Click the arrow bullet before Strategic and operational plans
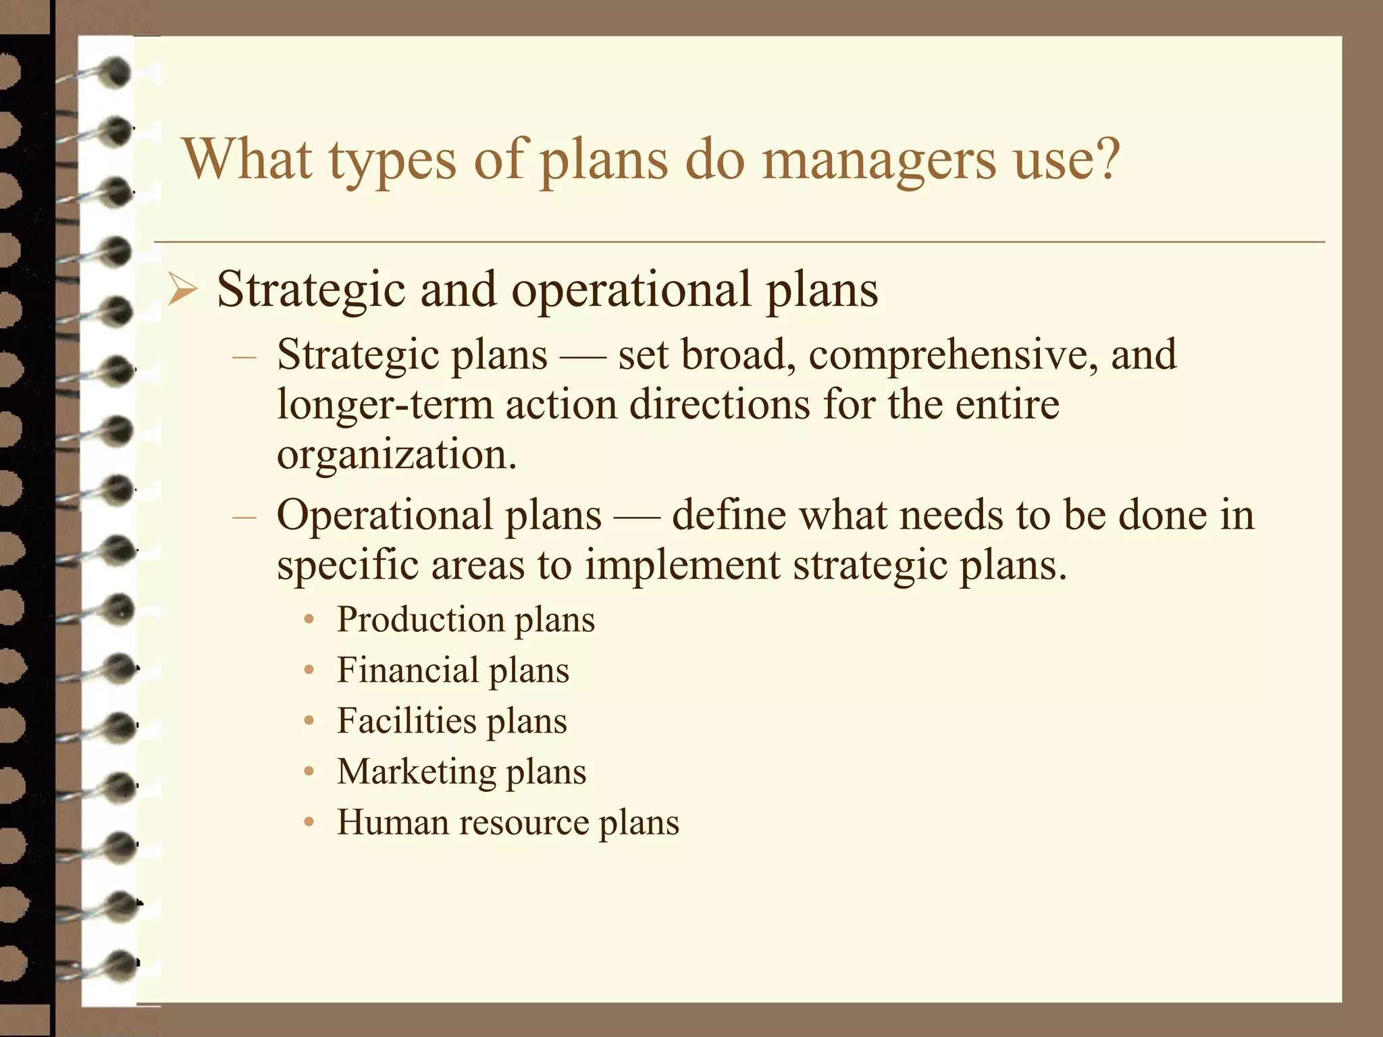(182, 291)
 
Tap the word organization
(396, 456)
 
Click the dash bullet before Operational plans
(244, 516)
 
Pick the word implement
(682, 566)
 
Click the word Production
(420, 620)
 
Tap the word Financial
(407, 670)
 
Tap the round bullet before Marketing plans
(309, 772)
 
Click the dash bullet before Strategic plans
(244, 356)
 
